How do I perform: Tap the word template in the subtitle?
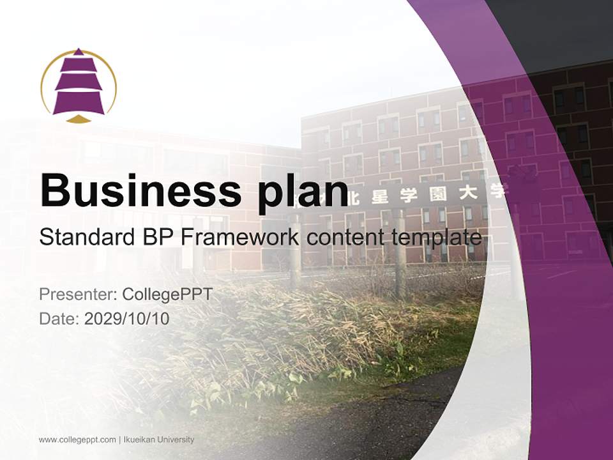441,238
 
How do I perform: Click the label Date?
59,318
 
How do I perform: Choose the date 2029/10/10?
127,318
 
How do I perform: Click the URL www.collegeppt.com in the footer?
77,440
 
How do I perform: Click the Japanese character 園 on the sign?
438,194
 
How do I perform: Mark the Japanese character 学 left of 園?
412,195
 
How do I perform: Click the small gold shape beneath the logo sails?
79,119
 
